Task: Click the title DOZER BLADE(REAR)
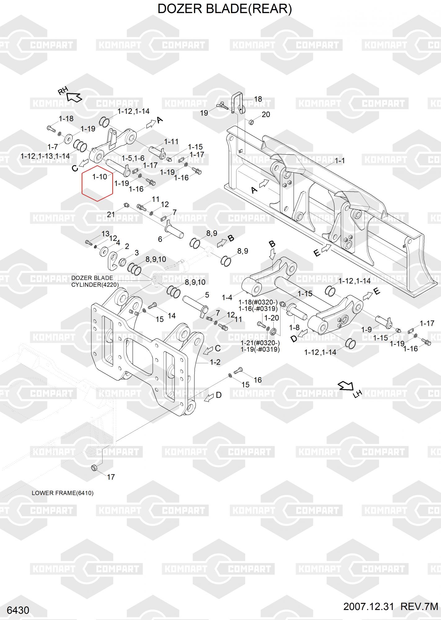click(225, 9)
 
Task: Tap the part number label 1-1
click(340, 161)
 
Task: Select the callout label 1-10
click(100, 177)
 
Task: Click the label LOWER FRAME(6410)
click(63, 493)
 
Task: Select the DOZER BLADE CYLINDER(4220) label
click(95, 281)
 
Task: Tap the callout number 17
click(111, 477)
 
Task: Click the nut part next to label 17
click(94, 467)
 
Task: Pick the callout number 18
click(258, 99)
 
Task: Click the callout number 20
click(266, 114)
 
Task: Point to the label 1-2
click(215, 362)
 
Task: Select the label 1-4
click(227, 298)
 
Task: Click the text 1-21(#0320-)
click(260, 343)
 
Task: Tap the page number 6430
click(18, 610)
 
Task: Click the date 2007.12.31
click(368, 607)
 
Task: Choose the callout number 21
click(111, 214)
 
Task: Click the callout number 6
click(160, 239)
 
